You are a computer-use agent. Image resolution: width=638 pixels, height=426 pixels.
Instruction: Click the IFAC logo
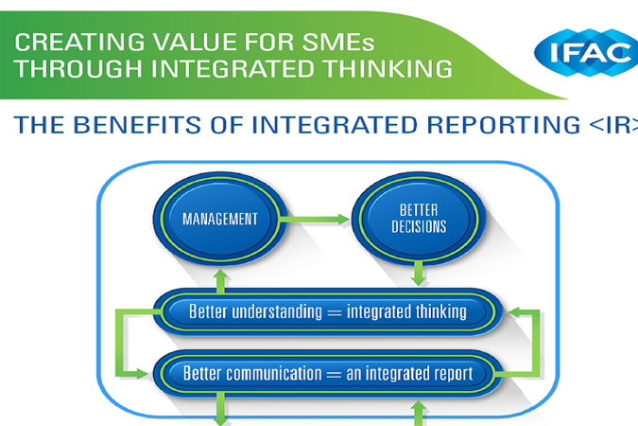click(x=587, y=52)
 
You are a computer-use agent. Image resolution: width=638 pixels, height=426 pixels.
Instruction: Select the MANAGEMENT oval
click(x=220, y=219)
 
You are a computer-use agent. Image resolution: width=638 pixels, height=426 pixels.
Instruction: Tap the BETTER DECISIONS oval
click(x=419, y=219)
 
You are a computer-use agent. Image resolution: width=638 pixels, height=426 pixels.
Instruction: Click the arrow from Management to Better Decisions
click(x=315, y=220)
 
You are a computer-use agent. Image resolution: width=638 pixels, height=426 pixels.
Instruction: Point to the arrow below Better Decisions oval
click(x=419, y=274)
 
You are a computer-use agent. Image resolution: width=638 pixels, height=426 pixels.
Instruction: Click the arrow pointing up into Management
click(x=220, y=281)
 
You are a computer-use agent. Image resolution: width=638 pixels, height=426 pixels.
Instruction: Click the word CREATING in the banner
click(x=79, y=42)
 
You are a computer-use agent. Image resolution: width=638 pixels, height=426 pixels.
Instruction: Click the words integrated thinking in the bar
click(x=406, y=312)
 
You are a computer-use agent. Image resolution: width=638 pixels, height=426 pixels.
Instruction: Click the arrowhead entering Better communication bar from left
click(x=143, y=374)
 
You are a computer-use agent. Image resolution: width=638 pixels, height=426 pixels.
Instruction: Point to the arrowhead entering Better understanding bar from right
click(x=514, y=312)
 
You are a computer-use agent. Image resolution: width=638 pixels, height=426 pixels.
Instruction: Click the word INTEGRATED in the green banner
click(x=233, y=68)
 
